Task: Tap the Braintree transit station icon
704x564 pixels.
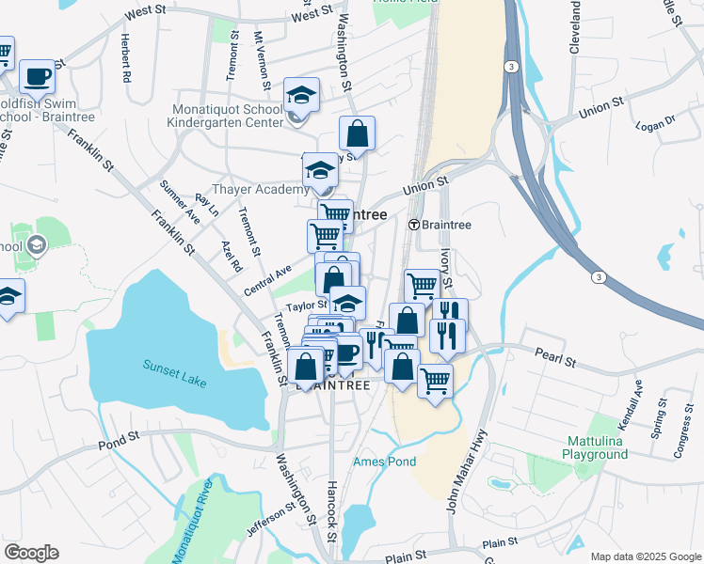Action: (x=413, y=225)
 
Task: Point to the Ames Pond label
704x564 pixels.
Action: (x=384, y=462)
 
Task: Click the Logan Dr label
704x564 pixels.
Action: (x=655, y=124)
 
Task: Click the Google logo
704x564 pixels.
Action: (x=31, y=553)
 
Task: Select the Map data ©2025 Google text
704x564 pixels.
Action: (x=645, y=556)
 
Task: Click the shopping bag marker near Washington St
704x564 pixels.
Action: (x=358, y=133)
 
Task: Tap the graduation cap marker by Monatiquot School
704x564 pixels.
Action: (x=302, y=94)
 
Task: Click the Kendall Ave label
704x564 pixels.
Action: (x=638, y=400)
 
